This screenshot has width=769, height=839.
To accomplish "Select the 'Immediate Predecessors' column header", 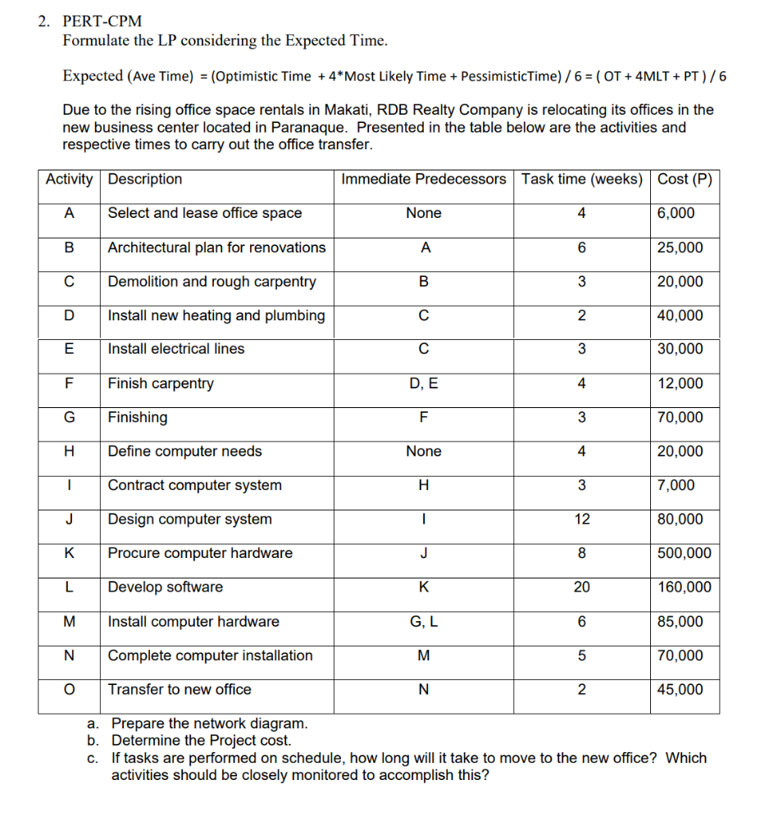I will tap(423, 179).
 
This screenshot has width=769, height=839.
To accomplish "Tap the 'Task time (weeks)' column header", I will tap(581, 179).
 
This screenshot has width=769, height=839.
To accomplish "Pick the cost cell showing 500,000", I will tap(685, 554).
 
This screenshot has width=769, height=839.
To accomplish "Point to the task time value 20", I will tap(581, 587).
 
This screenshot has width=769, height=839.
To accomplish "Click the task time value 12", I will tap(581, 519).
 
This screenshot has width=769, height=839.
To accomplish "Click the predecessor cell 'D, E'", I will tap(423, 383).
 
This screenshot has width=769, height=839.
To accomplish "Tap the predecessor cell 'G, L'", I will tap(423, 622).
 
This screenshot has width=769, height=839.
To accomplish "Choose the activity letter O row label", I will tap(70, 690).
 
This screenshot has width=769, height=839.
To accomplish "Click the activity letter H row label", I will tap(70, 451).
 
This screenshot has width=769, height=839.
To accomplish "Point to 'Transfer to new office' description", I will tap(180, 690).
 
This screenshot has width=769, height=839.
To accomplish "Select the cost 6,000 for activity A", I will tap(676, 213).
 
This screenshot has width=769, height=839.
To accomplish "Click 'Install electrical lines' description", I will tap(176, 349).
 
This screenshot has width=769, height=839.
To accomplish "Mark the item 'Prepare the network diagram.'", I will tap(210, 723).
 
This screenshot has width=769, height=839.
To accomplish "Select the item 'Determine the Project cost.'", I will tap(201, 741).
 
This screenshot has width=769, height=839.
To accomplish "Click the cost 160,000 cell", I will tap(685, 587).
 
